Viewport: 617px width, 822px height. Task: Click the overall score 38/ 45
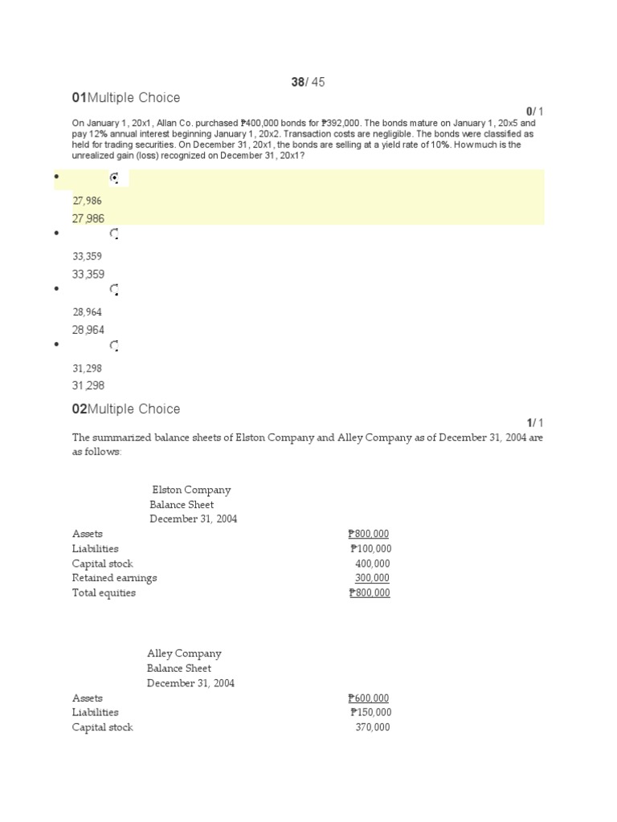308,82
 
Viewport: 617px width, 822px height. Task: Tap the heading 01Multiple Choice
126,98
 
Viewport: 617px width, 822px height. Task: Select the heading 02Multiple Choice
126,409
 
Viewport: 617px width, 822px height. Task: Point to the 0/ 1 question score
535,111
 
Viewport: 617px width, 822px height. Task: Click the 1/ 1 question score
535,422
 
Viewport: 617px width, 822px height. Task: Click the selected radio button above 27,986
114,178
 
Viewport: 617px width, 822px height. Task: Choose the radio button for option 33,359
114,234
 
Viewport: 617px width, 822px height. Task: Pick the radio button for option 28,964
114,290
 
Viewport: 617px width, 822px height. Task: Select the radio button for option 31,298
114,346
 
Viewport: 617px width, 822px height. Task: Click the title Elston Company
191,490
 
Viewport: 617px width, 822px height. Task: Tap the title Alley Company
184,653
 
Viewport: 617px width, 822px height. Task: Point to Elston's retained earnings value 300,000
372,578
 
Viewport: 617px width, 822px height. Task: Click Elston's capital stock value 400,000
372,564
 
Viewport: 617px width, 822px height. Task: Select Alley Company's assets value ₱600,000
369,698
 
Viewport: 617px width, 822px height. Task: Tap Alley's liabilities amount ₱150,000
370,713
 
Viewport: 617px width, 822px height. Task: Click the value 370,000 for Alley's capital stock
372,727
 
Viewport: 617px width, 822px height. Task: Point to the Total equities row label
104,593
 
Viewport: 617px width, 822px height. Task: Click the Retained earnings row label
114,578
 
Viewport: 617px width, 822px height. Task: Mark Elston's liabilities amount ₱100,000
370,549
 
